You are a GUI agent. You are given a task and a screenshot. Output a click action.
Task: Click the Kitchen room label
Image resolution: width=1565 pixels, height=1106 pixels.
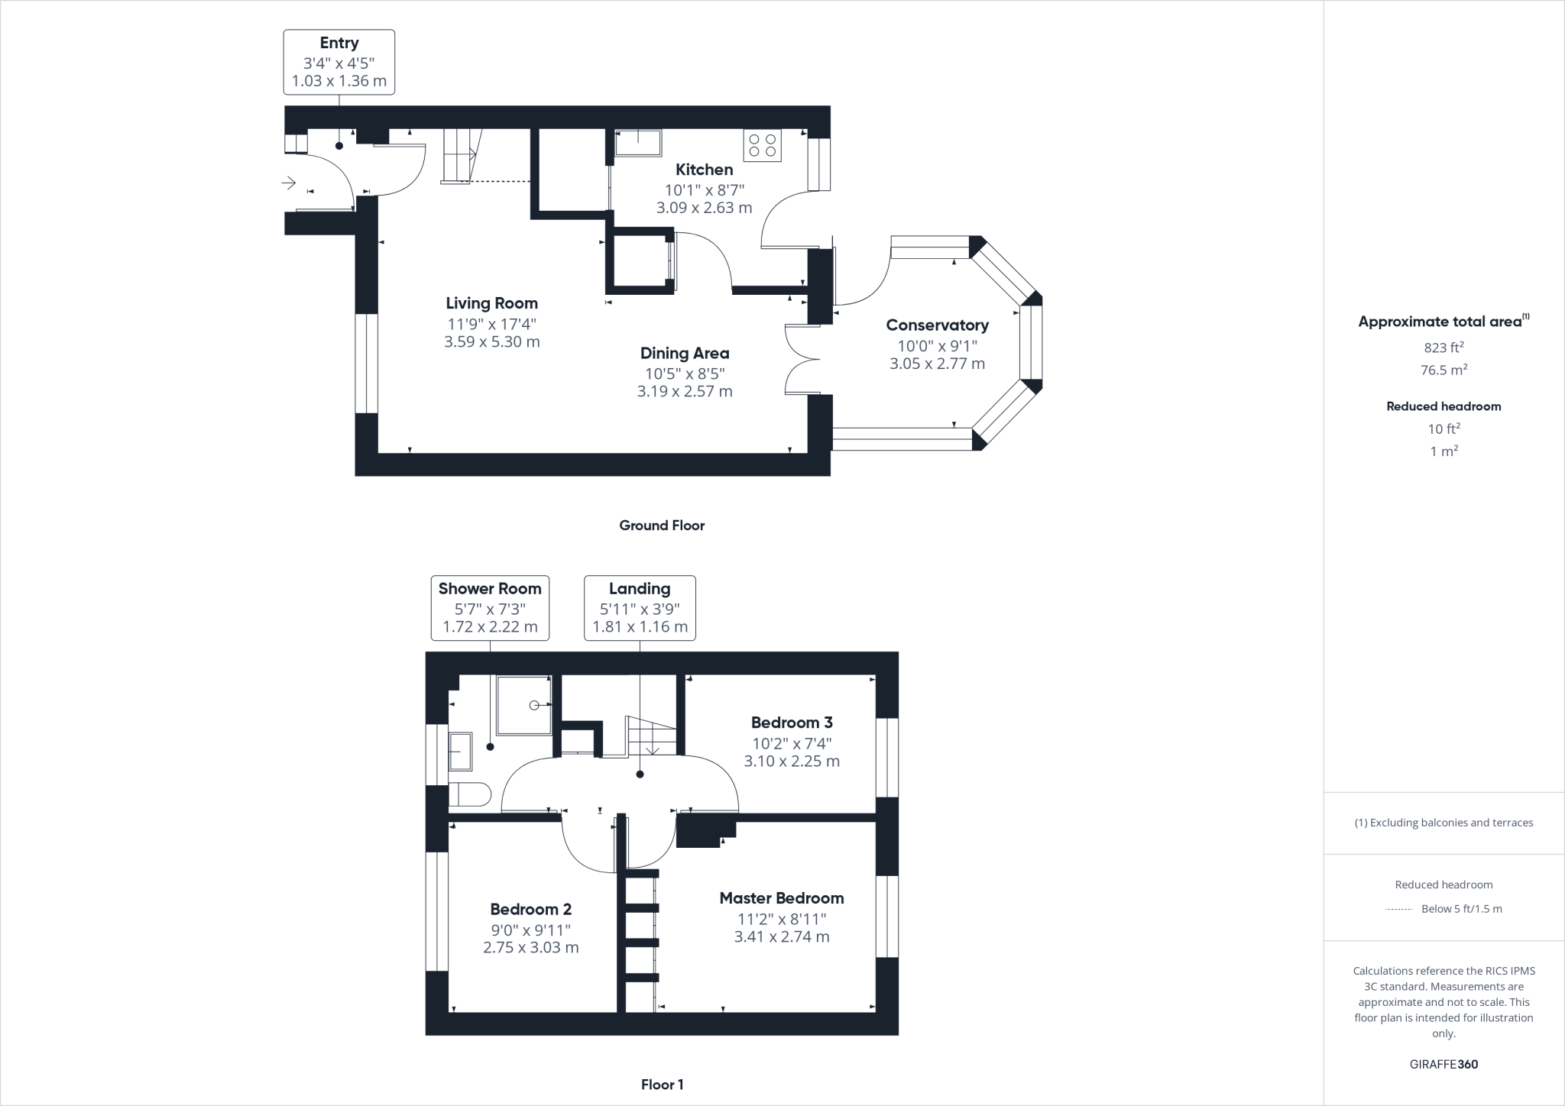704,170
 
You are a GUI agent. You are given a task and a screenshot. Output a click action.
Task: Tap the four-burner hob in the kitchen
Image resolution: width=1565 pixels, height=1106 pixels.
762,146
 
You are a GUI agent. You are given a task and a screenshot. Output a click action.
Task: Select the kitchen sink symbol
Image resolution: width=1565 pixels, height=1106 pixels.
637,143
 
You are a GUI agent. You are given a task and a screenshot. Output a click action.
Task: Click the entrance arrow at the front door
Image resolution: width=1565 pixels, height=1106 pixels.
289,183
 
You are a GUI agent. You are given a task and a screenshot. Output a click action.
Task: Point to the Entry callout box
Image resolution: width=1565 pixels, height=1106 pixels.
339,62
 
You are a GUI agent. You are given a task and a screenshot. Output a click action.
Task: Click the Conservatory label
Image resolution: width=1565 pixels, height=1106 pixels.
937,325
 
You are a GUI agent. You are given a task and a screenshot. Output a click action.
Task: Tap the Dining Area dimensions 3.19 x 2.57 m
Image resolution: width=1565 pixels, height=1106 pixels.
685,392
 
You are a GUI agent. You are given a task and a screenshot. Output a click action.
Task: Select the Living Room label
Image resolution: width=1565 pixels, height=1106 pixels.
491,303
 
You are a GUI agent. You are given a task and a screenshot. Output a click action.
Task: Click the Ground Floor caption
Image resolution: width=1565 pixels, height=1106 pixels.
662,526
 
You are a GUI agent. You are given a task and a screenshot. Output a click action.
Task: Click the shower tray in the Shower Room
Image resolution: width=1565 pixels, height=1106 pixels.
524,705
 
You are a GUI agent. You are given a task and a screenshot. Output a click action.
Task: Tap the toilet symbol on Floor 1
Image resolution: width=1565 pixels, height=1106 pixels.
468,794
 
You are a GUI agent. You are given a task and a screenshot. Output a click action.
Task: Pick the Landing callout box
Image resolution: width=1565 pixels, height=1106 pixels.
640,607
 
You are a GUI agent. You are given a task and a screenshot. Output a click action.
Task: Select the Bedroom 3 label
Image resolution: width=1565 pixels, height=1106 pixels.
792,723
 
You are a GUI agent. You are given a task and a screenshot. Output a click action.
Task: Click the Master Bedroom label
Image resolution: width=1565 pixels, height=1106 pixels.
781,898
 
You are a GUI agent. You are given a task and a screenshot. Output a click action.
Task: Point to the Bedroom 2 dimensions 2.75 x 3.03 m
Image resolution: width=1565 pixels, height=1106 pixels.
530,948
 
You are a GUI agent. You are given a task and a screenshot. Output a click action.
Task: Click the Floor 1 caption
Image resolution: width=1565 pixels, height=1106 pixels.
662,1085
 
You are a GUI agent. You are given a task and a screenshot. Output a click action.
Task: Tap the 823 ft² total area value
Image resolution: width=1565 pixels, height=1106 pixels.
1443,348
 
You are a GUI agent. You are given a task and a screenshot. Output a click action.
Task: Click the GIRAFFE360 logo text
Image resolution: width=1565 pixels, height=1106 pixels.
1443,1064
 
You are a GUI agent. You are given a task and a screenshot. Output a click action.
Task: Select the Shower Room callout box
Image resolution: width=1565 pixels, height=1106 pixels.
490,607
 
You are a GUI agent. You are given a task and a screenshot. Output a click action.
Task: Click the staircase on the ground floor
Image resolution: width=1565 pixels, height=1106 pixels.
460,156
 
